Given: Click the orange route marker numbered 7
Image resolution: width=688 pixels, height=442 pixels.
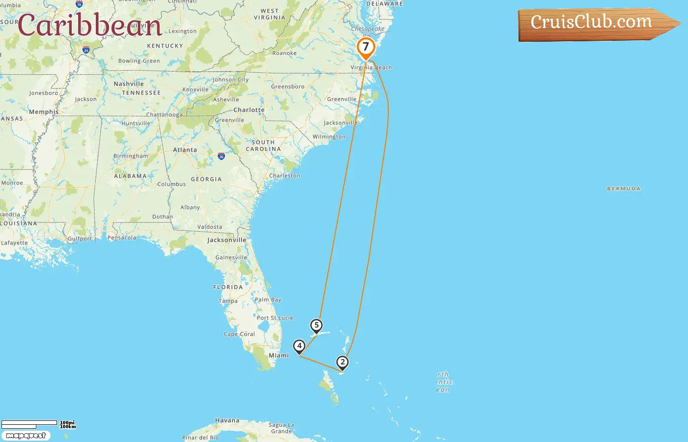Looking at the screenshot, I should click(x=366, y=48).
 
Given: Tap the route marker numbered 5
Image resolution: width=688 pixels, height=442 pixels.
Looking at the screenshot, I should click(x=316, y=326).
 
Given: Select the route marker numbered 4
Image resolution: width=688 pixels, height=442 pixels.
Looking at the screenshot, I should click(x=299, y=346).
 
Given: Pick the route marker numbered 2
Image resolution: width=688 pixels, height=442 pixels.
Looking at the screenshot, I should click(x=343, y=362).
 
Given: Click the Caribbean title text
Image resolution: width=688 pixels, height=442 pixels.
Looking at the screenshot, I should click(x=89, y=25).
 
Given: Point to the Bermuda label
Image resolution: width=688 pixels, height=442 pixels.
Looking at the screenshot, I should click(x=624, y=189).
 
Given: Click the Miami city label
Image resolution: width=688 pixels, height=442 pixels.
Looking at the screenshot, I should click(x=279, y=355).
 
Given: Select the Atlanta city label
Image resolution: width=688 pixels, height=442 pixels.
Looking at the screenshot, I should click(x=185, y=150).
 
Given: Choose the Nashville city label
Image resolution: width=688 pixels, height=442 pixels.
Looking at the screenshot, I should click(x=129, y=84).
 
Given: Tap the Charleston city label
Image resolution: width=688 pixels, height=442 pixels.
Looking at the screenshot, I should click(x=285, y=175).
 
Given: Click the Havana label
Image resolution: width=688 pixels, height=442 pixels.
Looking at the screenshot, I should click(x=227, y=420).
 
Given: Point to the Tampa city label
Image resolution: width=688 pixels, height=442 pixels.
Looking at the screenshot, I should click(x=228, y=301).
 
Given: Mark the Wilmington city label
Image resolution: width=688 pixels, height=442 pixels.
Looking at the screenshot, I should click(x=329, y=137).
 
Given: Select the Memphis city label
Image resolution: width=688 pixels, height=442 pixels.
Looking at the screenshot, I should click(x=44, y=112).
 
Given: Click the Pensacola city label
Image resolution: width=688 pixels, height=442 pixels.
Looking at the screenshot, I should click(x=122, y=238).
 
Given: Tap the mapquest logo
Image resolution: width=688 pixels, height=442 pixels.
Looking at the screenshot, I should click(x=26, y=436).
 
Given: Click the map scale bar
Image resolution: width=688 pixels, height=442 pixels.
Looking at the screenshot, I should click(x=29, y=423).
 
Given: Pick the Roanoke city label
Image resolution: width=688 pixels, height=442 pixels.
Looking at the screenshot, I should click(x=285, y=53).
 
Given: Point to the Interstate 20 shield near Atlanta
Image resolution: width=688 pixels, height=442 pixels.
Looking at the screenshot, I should click(x=221, y=156).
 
